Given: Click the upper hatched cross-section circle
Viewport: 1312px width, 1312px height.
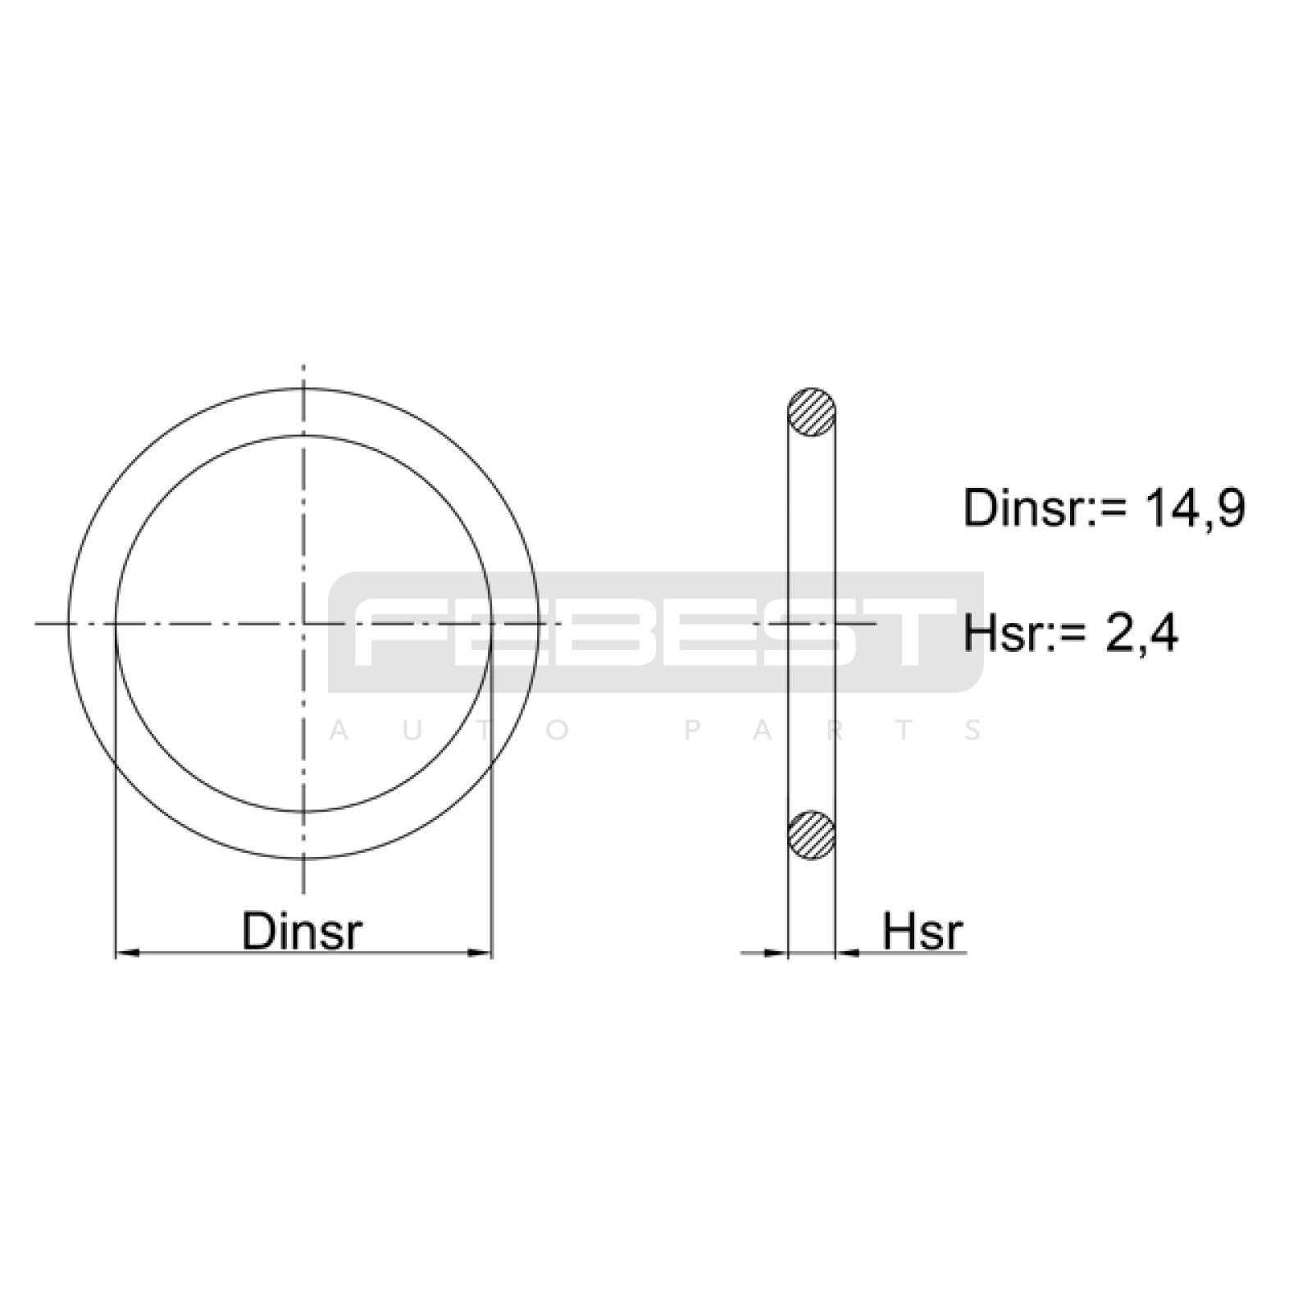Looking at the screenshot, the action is coord(811,412).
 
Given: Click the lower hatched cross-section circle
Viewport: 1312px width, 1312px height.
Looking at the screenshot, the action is coord(811,836).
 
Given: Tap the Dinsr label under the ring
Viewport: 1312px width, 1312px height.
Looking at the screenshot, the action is coord(302,931).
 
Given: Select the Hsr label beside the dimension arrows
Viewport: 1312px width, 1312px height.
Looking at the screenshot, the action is coord(922,931).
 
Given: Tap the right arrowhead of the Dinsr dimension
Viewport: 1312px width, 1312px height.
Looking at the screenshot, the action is coord(479,953).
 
